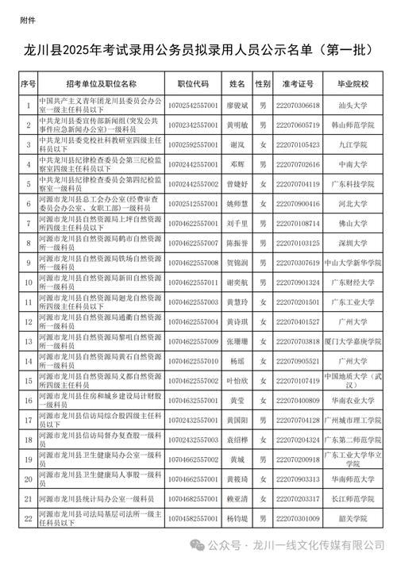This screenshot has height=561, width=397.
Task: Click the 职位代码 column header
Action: [193, 83]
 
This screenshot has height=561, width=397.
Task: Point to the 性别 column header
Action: [262, 83]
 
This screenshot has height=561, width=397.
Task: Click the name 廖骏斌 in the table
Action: [237, 105]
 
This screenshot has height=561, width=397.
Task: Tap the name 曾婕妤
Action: [237, 184]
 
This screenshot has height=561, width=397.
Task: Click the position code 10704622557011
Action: [193, 282]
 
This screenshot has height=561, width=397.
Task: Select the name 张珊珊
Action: [237, 341]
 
